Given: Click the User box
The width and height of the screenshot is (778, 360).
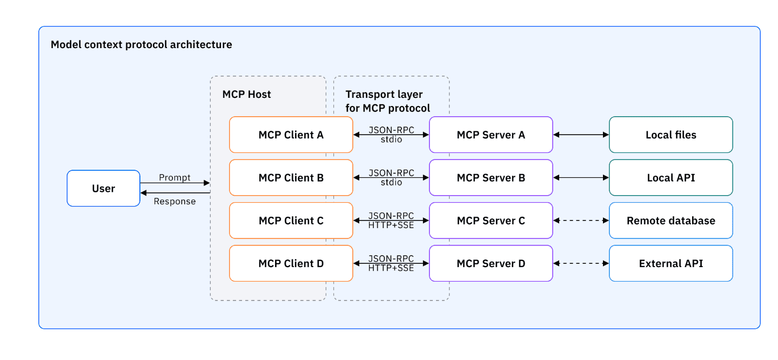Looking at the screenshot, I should [x=103, y=189].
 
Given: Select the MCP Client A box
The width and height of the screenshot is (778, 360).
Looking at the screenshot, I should [x=291, y=135].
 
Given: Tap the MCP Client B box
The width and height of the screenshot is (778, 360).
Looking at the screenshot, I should [x=291, y=178].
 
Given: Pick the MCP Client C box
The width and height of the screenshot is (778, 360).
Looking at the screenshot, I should [x=291, y=221].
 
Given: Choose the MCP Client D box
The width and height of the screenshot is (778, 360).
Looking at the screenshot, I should [x=291, y=264].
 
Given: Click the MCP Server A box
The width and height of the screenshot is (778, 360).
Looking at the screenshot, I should [x=491, y=135].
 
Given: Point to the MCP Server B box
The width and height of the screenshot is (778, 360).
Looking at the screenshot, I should [x=491, y=178].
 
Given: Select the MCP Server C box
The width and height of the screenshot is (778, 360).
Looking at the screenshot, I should [x=491, y=221].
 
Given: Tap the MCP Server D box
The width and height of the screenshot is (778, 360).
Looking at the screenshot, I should [x=491, y=264].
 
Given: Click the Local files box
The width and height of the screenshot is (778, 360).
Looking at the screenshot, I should [x=670, y=135].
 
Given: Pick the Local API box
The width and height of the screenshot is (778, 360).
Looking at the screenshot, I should [x=670, y=178].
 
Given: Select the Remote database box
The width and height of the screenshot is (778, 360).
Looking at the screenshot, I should [x=670, y=221].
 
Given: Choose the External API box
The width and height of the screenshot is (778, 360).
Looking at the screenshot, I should [x=670, y=264].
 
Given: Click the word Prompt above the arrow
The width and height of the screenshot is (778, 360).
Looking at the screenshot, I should [x=175, y=177].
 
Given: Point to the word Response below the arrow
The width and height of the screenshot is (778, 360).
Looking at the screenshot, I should [x=175, y=201].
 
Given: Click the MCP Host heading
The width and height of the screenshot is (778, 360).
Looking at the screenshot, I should [x=246, y=95].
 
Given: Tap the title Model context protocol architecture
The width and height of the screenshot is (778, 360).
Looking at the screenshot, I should [x=141, y=44].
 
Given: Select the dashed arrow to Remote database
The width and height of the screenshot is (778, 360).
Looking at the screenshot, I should [x=581, y=221].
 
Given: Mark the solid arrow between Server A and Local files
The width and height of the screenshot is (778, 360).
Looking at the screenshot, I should [x=581, y=135].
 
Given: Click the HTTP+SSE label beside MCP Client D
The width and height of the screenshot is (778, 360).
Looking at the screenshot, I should [x=391, y=268].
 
